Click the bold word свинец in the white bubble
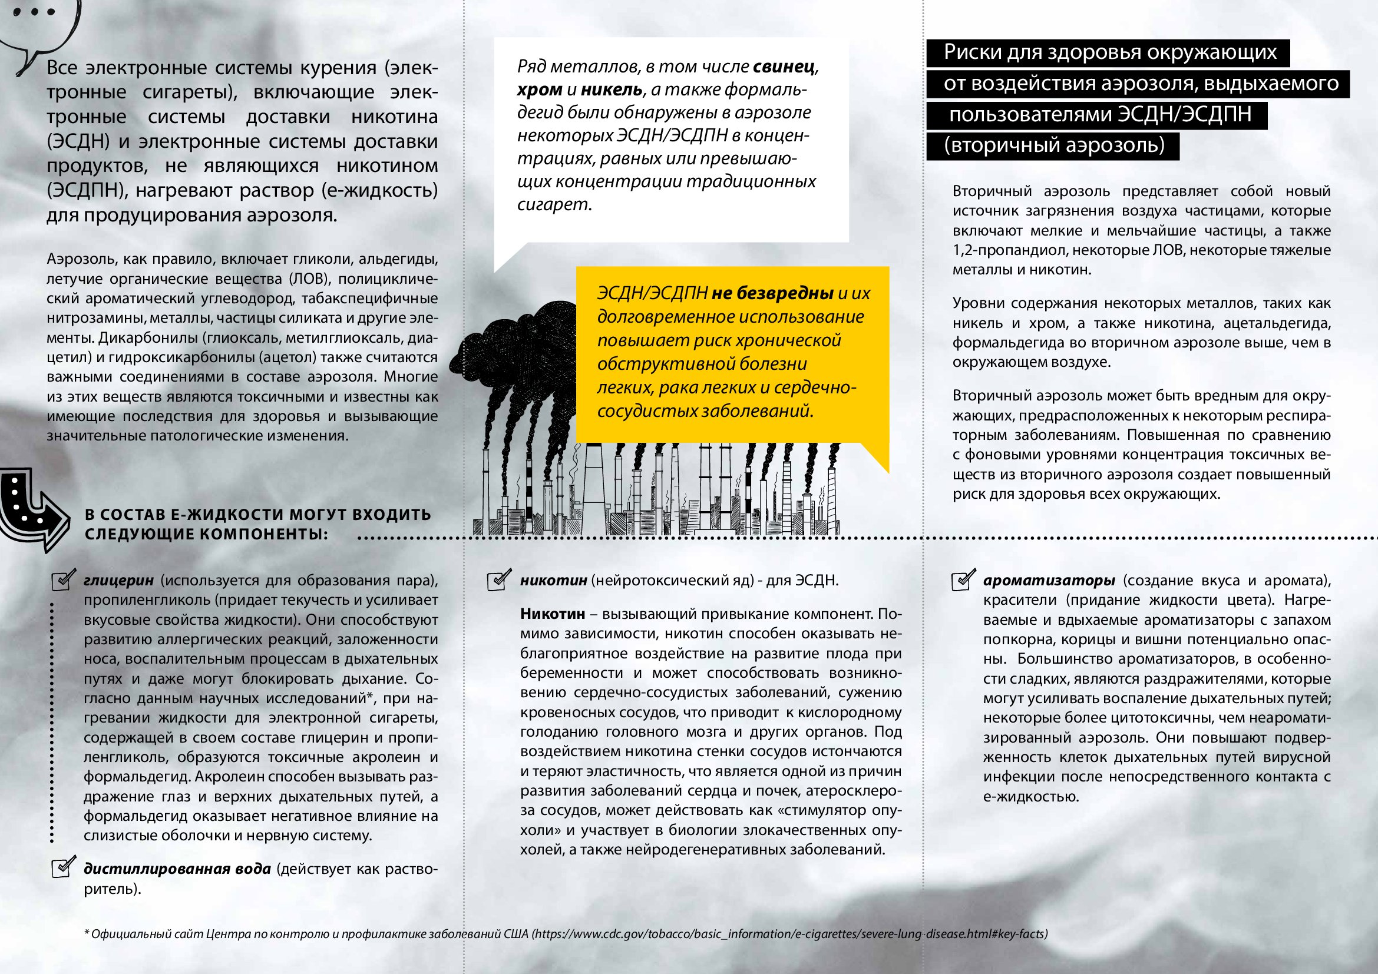coord(784,67)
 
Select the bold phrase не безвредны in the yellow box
coord(772,293)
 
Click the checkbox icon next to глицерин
coord(63,580)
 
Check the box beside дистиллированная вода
coord(63,868)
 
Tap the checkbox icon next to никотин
coord(500,580)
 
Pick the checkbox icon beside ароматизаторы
coord(963,580)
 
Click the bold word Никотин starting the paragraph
coord(552,614)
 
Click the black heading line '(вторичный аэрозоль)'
coord(1053,145)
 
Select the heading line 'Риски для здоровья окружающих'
coord(1110,52)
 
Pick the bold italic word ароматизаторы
coord(1049,581)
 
